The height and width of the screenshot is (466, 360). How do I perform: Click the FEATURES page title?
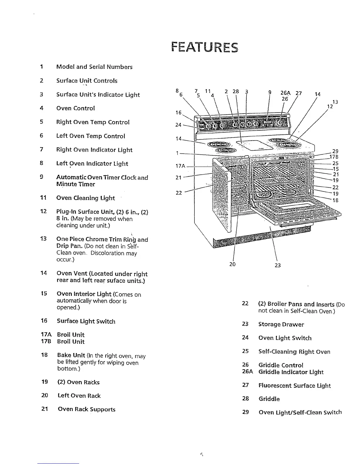pyautogui.click(x=204, y=47)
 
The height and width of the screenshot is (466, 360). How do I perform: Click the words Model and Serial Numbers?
pyautogui.click(x=94, y=67)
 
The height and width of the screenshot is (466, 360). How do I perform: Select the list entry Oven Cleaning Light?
pyautogui.click(x=85, y=198)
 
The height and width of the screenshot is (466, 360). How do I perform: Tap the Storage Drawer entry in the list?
pyautogui.click(x=281, y=324)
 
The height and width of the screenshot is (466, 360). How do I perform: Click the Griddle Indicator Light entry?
pyautogui.click(x=291, y=372)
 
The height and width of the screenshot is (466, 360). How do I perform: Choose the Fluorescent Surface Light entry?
pyautogui.click(x=294, y=386)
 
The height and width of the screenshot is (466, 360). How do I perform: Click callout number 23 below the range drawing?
pyautogui.click(x=278, y=265)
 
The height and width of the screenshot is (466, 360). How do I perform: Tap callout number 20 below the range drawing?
pyautogui.click(x=232, y=264)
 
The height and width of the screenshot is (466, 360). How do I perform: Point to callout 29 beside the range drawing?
pyautogui.click(x=335, y=151)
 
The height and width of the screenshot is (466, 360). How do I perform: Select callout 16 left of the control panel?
pyautogui.click(x=179, y=113)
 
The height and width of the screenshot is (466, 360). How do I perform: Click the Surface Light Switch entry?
pyautogui.click(x=86, y=321)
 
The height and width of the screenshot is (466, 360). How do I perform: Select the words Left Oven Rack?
pyautogui.click(x=79, y=396)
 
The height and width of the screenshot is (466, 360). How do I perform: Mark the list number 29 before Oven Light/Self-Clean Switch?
pyautogui.click(x=246, y=412)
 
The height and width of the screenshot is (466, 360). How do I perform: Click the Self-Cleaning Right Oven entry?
pyautogui.click(x=294, y=352)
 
